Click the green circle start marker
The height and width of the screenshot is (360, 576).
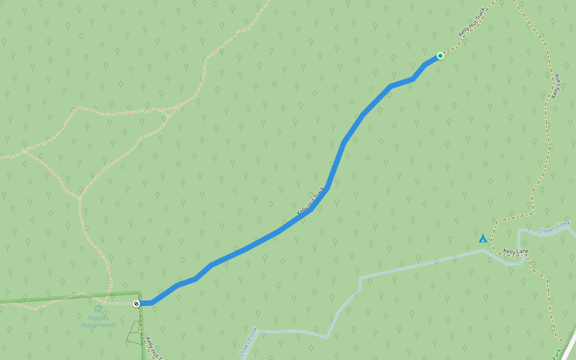pyautogui.click(x=440, y=56)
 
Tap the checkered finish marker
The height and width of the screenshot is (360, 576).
pyautogui.click(x=137, y=304)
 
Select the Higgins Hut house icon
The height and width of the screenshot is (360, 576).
pyautogui.click(x=98, y=310)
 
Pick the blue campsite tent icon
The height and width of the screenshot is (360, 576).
pyautogui.click(x=482, y=238)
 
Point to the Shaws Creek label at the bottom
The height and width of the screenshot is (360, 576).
pyautogui.click(x=248, y=342)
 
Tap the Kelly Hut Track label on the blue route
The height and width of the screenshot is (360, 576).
pyautogui.click(x=311, y=202)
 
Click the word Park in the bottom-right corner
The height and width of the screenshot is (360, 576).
pyautogui.click(x=556, y=355)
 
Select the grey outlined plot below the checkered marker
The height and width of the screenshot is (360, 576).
pyautogui.click(x=134, y=333)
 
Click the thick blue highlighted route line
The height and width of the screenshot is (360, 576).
pyautogui.click(x=264, y=238)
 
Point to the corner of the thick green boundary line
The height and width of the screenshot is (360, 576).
pyautogui.click(x=139, y=293)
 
